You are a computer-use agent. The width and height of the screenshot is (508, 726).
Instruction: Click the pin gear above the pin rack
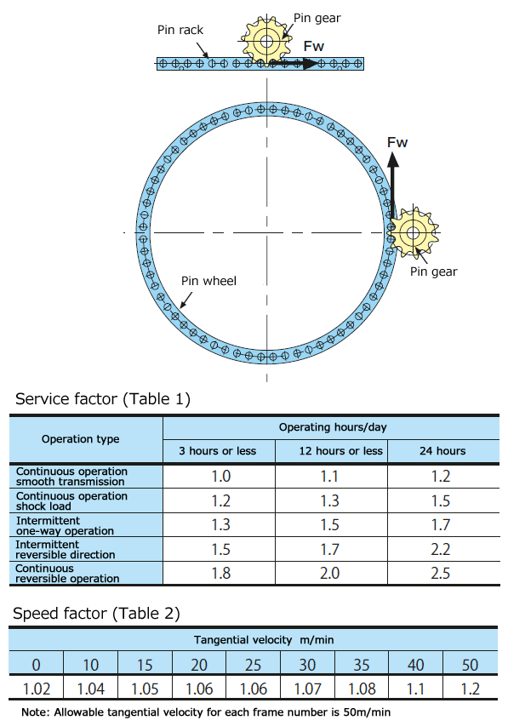pos(266,42)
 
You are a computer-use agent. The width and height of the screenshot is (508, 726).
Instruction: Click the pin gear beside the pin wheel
pos(412,232)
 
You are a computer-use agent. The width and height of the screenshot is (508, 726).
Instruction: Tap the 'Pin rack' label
pos(180,30)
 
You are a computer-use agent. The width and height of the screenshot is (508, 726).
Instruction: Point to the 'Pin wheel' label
pos(208,281)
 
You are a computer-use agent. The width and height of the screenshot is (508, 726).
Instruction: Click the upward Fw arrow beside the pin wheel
pos(392,186)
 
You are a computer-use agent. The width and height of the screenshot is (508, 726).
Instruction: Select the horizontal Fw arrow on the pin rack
pos(294,63)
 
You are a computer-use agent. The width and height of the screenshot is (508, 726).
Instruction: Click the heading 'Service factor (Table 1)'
pos(103,398)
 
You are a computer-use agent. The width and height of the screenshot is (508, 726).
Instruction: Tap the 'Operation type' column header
pos(81,439)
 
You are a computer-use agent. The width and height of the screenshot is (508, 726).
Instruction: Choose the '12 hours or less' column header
pos(341,451)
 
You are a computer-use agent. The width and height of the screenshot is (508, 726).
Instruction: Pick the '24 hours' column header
pos(442,451)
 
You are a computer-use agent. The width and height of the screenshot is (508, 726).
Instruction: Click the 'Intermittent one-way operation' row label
pos(65,525)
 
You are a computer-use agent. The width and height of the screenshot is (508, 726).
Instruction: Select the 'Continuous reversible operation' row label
pos(67,573)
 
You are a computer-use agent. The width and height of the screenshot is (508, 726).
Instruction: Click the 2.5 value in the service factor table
pos(441,573)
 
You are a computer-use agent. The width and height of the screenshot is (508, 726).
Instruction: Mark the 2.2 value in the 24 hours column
pos(441,549)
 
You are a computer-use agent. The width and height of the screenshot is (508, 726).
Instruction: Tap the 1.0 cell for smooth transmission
pos(221,477)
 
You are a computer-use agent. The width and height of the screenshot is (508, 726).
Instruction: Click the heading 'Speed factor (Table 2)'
pos(96,614)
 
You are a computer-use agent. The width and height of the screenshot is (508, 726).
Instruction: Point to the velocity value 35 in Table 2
pos(361,665)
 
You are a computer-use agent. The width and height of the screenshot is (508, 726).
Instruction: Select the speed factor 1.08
pos(362,689)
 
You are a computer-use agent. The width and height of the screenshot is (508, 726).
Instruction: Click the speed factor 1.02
pos(36,689)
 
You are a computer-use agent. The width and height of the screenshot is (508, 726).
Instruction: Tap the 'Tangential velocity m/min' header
pos(264,640)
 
